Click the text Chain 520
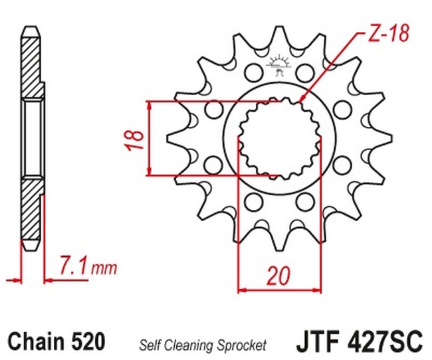point(56,341)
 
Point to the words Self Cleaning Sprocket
point(202,345)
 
